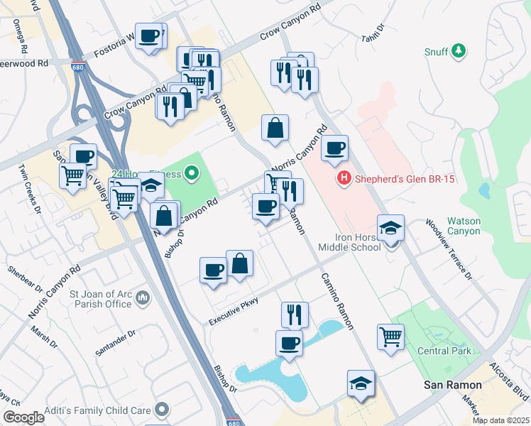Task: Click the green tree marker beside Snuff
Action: [459, 50]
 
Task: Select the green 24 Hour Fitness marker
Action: [190, 172]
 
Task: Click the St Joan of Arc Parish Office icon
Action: [143, 296]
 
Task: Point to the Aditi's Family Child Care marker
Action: [163, 409]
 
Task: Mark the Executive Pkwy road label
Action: [232, 312]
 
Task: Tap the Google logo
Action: [23, 417]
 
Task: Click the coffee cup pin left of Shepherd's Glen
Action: [334, 149]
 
